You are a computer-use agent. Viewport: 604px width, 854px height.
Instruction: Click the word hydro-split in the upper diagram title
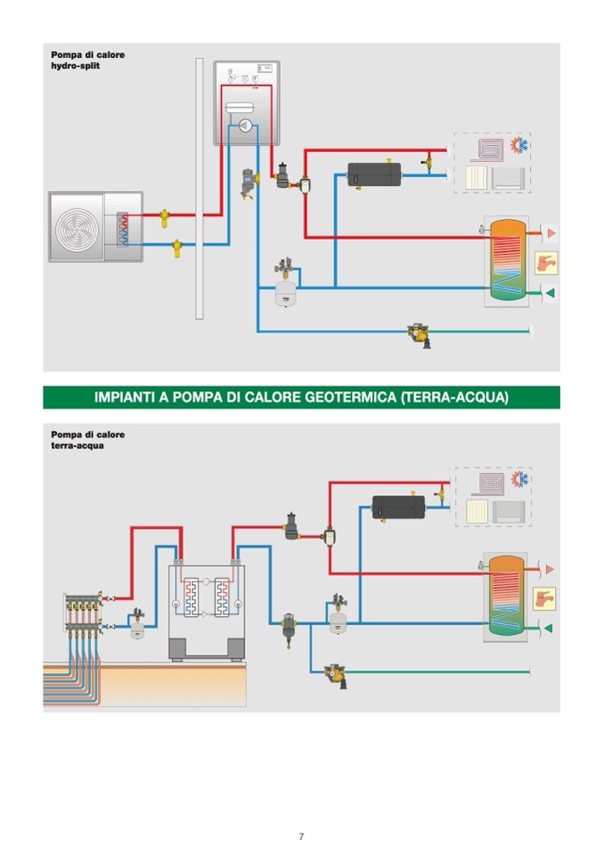75,67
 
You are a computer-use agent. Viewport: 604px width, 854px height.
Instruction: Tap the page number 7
301,836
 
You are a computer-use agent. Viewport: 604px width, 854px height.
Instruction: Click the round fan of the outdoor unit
77,227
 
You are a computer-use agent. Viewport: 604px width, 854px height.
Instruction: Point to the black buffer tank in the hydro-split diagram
373,174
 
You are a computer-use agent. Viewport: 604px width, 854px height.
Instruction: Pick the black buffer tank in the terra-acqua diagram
398,507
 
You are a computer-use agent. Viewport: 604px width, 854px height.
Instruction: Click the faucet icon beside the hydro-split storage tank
544,263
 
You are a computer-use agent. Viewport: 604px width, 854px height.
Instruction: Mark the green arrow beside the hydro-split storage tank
550,293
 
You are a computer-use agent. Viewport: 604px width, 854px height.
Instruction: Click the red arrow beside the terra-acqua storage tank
550,569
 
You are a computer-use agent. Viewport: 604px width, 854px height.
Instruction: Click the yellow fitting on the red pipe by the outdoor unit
164,215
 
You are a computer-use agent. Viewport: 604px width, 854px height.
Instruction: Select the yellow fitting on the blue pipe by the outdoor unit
177,246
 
